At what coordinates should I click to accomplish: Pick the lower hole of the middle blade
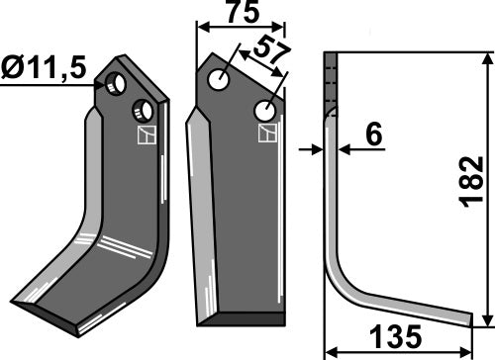264,109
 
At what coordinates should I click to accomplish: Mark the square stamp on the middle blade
264,133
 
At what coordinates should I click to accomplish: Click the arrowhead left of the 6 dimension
319,150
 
